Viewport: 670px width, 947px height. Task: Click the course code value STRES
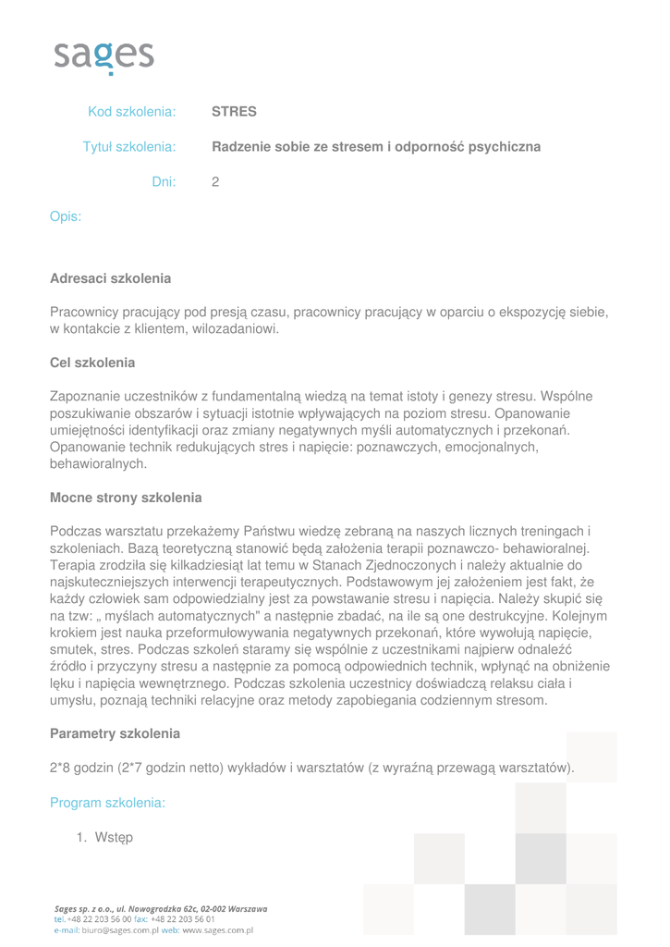pyautogui.click(x=234, y=112)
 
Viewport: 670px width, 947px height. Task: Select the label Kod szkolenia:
pyautogui.click(x=131, y=112)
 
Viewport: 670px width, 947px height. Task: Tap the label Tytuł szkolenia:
pyautogui.click(x=129, y=147)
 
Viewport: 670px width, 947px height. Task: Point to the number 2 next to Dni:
pyautogui.click(x=215, y=182)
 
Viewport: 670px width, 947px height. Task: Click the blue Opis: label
pyautogui.click(x=66, y=216)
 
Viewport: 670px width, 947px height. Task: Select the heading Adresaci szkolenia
pyautogui.click(x=110, y=277)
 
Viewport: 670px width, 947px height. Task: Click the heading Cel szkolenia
pyautogui.click(x=92, y=362)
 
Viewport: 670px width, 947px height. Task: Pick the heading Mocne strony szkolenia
pyautogui.click(x=126, y=498)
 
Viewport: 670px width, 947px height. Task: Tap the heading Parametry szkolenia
pyautogui.click(x=115, y=733)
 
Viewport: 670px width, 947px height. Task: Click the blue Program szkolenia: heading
pyautogui.click(x=107, y=803)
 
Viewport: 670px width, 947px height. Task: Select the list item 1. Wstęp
pyautogui.click(x=104, y=838)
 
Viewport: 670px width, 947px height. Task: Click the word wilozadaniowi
pyautogui.click(x=235, y=328)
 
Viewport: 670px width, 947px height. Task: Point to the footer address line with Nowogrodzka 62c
pyautogui.click(x=160, y=909)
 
